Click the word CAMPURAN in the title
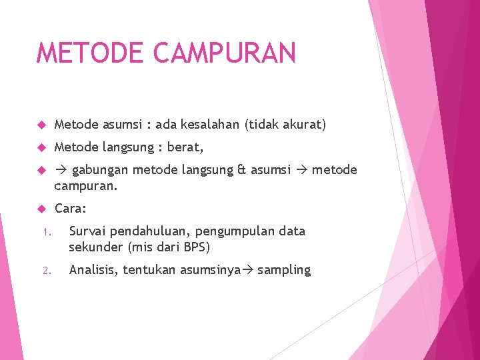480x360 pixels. [x=225, y=53]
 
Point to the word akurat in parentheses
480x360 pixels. [x=301, y=125]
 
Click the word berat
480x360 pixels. [x=185, y=147]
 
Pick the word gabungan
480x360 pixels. [x=101, y=170]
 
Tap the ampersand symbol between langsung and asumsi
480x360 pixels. [x=241, y=170]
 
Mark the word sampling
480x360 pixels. [x=284, y=270]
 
